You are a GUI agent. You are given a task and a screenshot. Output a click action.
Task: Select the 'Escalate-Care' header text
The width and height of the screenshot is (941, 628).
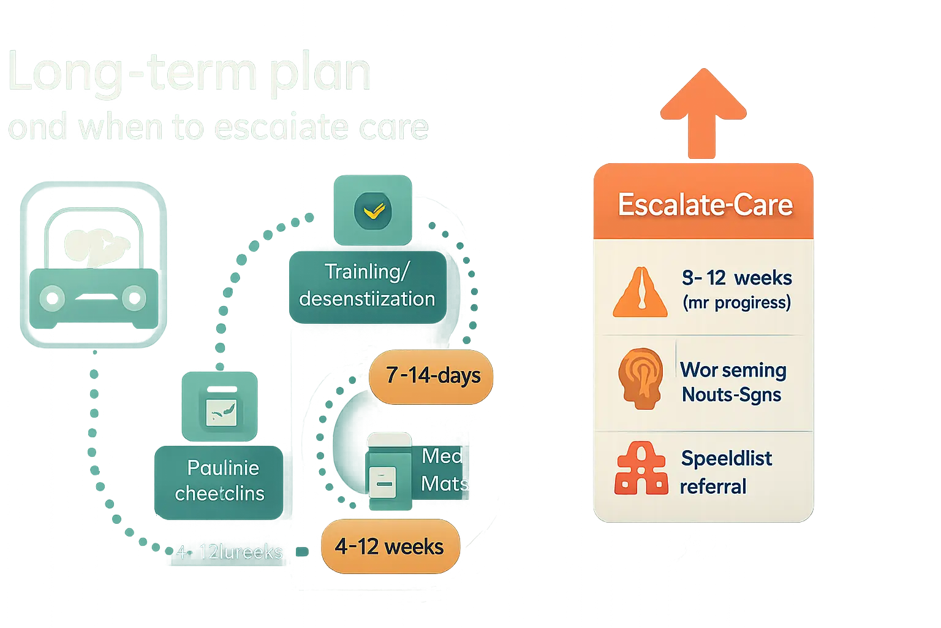(705, 205)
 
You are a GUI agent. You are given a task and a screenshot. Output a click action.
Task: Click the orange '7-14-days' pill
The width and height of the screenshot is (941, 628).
(432, 375)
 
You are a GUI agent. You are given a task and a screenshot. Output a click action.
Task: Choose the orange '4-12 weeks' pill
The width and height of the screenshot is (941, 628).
(390, 546)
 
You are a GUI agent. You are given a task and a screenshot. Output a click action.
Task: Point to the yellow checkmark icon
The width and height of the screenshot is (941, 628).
(373, 211)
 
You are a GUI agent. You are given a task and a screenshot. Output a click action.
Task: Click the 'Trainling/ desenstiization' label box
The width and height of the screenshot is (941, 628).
(367, 285)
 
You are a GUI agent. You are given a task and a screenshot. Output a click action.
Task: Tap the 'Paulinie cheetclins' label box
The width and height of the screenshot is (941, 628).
(220, 481)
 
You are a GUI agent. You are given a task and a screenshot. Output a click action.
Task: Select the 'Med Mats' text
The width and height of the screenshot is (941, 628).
(444, 470)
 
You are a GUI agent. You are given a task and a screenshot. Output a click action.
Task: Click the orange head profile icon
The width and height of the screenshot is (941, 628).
(640, 378)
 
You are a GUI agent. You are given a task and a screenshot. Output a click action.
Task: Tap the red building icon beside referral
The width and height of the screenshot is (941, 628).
(641, 469)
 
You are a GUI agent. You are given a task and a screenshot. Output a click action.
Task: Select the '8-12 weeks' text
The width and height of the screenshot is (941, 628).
(737, 278)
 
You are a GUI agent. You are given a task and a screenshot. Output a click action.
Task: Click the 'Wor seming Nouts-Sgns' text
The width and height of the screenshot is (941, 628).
(733, 382)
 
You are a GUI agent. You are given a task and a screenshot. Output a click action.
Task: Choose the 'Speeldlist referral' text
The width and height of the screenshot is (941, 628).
(726, 472)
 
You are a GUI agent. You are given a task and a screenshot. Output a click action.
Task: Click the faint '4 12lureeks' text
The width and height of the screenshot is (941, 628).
(230, 552)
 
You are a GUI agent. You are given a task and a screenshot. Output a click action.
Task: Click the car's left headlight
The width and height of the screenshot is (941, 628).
(53, 299)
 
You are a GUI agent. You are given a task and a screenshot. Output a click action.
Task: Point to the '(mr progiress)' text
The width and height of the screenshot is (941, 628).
(737, 302)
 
